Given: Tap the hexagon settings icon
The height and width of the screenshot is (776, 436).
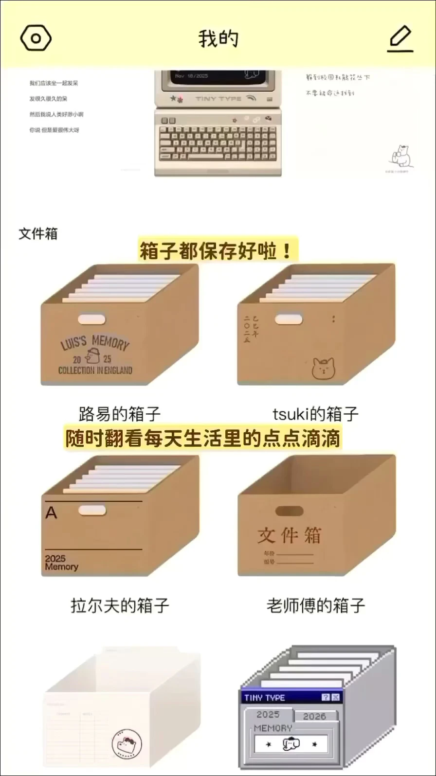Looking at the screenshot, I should pos(36,38).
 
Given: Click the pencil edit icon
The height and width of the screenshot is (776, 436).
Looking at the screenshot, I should pos(400,39).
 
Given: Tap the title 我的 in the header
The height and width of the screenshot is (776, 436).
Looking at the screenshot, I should pos(218,39).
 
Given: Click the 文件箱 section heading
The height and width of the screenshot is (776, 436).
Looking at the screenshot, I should pos(38,234).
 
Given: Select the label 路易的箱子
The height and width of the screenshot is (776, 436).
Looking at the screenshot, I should pos(120,414).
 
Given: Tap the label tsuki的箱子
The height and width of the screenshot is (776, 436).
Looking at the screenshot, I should pos(315,414).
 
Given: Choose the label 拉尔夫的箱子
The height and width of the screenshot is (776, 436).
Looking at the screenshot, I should pos(120,606).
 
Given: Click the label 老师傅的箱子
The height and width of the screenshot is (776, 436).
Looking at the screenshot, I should pos(315,606).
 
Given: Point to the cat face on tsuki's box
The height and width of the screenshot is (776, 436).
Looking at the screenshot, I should pos(323,369).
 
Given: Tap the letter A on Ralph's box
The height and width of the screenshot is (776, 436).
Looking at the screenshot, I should pos(51,513).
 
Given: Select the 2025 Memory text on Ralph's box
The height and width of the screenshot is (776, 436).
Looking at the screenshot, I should pos(61,563).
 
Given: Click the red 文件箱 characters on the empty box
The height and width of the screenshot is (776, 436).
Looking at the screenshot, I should pos(289,535).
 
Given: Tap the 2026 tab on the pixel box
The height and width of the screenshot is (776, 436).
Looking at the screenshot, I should pos(314,716).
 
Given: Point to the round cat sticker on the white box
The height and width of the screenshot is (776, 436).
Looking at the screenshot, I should pos(127,744).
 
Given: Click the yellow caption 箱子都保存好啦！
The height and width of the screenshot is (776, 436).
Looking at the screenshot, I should pos(217,251).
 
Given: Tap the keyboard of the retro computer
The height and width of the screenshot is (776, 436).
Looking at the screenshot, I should pos(218,142).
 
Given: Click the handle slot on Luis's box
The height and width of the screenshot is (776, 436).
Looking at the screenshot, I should pos(92,319).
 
